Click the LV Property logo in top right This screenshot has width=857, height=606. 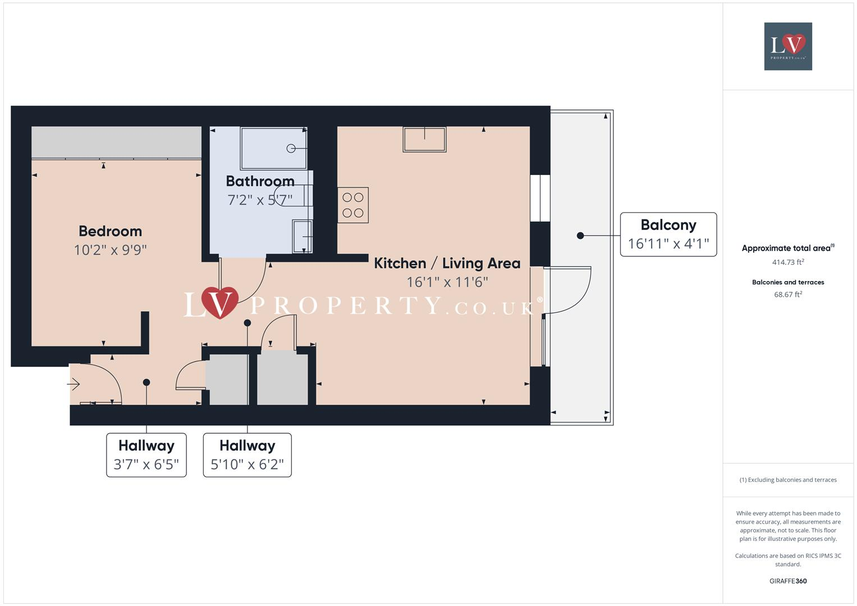[x=788, y=46]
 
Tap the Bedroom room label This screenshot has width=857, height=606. [x=110, y=231]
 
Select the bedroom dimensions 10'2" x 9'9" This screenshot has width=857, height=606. [x=110, y=250]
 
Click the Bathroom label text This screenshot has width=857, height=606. [x=260, y=181]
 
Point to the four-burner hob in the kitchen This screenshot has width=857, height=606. [x=353, y=205]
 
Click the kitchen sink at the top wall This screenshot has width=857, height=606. [x=424, y=139]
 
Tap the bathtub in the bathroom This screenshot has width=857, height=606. [x=273, y=148]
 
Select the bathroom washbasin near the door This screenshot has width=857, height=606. [x=302, y=236]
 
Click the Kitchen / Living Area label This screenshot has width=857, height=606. [x=447, y=263]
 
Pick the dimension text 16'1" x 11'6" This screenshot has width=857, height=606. [x=447, y=282]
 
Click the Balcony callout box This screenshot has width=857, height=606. [x=668, y=235]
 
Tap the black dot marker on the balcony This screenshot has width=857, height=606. [x=580, y=236]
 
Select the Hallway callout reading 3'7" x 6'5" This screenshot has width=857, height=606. [x=146, y=455]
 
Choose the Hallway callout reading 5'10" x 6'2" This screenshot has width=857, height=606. [x=247, y=455]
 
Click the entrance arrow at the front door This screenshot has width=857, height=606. [x=74, y=384]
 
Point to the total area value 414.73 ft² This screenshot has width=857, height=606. [x=788, y=262]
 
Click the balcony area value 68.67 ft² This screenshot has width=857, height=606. [x=788, y=295]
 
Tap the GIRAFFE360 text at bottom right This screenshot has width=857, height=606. [x=788, y=581]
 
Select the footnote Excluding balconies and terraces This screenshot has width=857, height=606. [x=788, y=480]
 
